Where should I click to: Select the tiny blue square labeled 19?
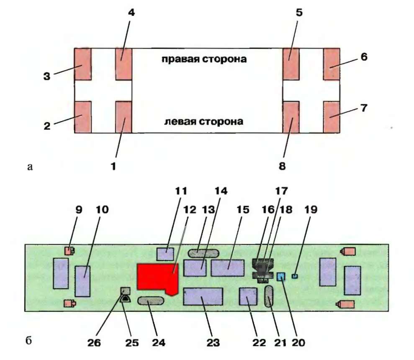(x=294, y=276)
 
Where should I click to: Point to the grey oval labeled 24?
(x=151, y=301)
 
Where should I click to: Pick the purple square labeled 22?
(x=248, y=297)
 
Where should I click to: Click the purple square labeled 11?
(x=165, y=254)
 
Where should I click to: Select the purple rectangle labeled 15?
(x=228, y=267)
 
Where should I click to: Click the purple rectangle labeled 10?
(x=82, y=281)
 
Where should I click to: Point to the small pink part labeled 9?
(x=69, y=251)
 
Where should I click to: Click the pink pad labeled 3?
(x=82, y=64)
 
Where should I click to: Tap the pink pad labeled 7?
(x=332, y=117)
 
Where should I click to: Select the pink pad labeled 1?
(x=123, y=117)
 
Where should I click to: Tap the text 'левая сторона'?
(x=203, y=122)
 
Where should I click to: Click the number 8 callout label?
(x=282, y=166)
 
